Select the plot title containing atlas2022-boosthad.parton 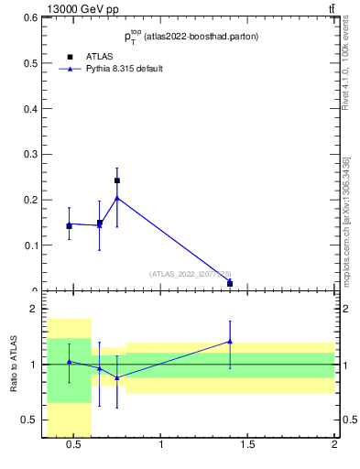[x=191, y=37]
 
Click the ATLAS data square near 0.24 [x=117, y=180]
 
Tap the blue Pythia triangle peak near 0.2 [x=117, y=198]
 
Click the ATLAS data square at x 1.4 [x=230, y=283]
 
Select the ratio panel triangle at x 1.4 [x=230, y=342]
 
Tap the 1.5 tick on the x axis [x=247, y=446]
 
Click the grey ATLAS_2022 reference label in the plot [x=191, y=273]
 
